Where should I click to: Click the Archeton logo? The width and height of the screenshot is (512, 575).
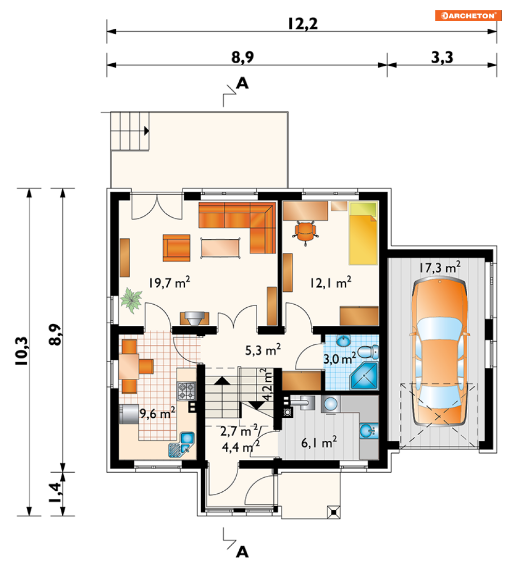[x=468, y=15]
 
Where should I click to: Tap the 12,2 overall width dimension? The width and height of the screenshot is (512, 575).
[x=302, y=24]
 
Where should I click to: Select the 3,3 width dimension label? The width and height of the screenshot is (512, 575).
[x=442, y=58]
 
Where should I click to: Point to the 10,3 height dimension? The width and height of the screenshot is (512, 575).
[x=21, y=350]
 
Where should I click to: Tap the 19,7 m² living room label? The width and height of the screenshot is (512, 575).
[x=169, y=283]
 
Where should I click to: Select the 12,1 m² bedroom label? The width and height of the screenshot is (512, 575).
[x=330, y=283]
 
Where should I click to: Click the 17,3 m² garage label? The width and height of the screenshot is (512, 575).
[x=439, y=267]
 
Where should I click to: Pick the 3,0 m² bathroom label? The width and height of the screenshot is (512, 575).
[x=340, y=358]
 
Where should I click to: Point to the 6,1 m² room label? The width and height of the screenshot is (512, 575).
[x=319, y=442]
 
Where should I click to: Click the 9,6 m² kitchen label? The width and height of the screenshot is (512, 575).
[x=157, y=413]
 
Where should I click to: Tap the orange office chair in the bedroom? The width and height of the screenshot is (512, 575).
[x=305, y=232]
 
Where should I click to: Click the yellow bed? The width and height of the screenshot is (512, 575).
[x=363, y=233]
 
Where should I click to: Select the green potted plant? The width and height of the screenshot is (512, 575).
[x=131, y=300]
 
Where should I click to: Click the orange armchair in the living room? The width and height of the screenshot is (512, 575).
[x=176, y=248]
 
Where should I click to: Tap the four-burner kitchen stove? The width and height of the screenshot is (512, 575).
[x=187, y=391]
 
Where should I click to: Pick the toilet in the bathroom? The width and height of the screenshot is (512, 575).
[x=368, y=352]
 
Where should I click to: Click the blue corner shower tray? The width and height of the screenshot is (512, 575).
[x=364, y=376]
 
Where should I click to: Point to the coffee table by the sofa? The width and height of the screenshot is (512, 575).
[x=220, y=248]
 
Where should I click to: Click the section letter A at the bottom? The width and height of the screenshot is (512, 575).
[x=242, y=551]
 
